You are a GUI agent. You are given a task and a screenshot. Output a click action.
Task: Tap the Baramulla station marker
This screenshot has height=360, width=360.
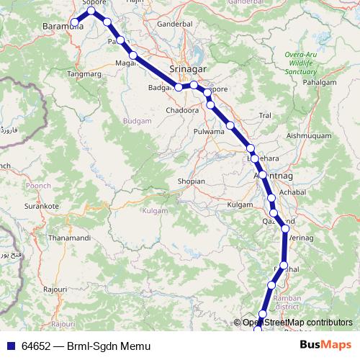click(74, 24)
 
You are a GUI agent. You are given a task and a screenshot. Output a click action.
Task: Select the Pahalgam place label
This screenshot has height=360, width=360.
click(320, 83)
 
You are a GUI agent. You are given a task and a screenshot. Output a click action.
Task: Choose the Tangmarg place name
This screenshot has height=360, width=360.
click(102, 73)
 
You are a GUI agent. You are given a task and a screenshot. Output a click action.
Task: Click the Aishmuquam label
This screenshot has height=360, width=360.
click(307, 135)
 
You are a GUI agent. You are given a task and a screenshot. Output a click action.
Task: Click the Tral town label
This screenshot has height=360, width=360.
click(264, 114)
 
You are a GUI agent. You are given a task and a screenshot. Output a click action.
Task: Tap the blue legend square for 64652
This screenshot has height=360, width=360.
click(10, 346)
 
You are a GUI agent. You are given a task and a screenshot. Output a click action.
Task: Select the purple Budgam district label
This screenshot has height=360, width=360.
click(137, 122)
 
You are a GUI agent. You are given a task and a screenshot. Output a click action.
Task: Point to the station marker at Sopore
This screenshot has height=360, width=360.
click(92, 11)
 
